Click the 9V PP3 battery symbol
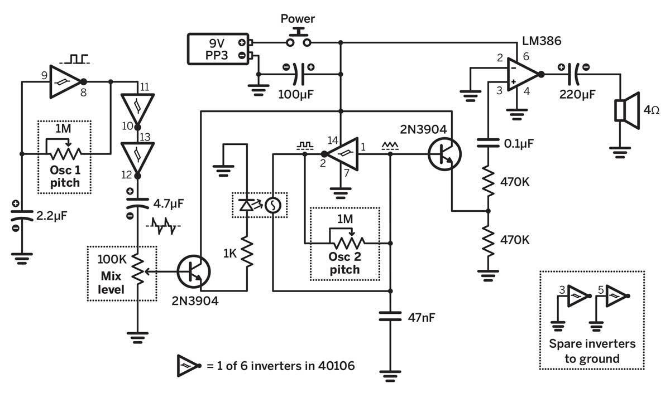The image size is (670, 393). [218, 49]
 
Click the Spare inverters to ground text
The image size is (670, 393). [592, 351]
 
